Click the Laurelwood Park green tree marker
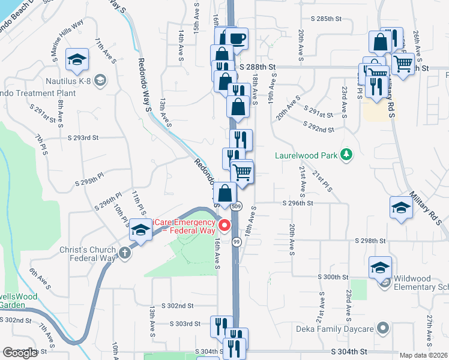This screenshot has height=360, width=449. [x=346, y=155]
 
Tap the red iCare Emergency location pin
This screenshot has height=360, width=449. [x=225, y=226]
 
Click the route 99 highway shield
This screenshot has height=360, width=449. [x=237, y=241]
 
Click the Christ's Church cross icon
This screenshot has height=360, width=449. [x=125, y=252]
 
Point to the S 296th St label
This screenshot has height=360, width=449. [x=298, y=203]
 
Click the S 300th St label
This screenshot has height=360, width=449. [x=333, y=278]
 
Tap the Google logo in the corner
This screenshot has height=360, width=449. [x=20, y=353]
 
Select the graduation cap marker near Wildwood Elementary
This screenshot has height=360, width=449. [x=379, y=268]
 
